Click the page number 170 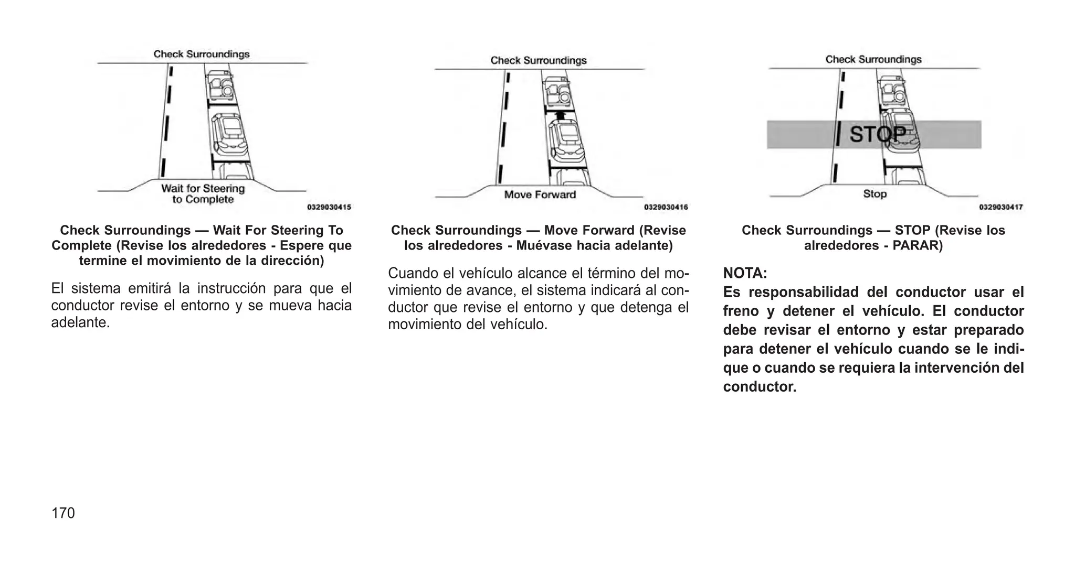point(63,513)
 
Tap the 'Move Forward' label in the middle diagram point(540,194)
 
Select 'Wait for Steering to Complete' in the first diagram point(203,193)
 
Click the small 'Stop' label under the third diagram point(874,193)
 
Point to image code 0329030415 point(329,208)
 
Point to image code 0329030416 point(666,208)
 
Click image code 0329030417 point(1000,208)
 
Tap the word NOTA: point(745,273)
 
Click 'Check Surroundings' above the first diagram point(202,54)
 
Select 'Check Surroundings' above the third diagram point(873,59)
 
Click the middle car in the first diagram point(229,133)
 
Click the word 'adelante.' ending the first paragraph point(80,323)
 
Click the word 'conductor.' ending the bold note point(760,387)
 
